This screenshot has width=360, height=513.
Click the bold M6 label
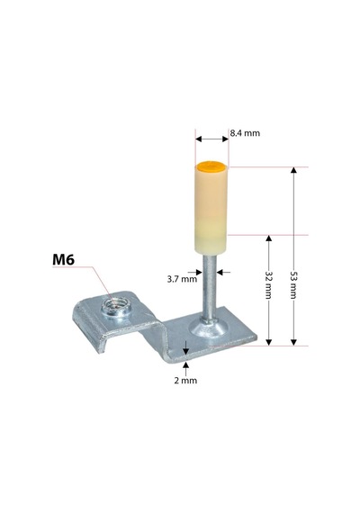coord(64,259)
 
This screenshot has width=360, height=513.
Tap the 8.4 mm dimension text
coord(245,133)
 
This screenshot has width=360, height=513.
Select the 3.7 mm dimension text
coord(182,279)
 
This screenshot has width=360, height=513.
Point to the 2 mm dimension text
coord(185,381)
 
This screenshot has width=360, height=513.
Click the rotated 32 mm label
coord(268,284)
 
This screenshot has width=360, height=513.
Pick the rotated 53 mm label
coord(293,284)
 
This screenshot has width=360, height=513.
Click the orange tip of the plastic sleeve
coord(211,166)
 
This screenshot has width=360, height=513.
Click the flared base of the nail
coord(208,329)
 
